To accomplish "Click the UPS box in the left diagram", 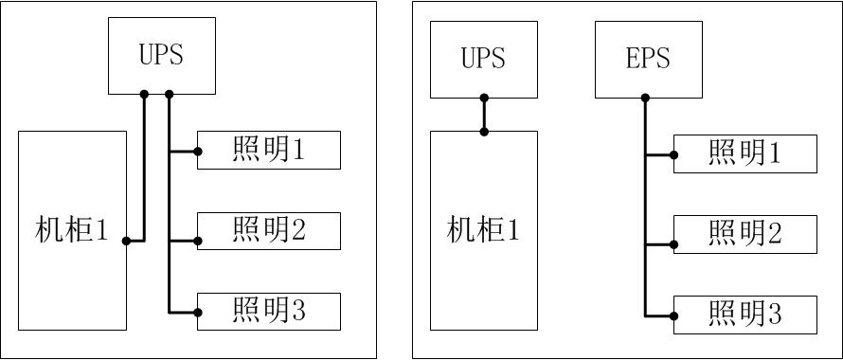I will [x=161, y=55].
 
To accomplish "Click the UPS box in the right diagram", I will [x=483, y=59].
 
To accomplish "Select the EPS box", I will [x=648, y=59].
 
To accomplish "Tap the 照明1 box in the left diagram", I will [x=269, y=151].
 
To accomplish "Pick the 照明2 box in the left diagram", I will [x=269, y=231].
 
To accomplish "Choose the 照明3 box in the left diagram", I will [x=269, y=312].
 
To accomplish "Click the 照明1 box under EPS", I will [x=745, y=154].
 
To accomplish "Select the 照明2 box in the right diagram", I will [x=745, y=234].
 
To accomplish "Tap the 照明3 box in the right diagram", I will [x=745, y=315].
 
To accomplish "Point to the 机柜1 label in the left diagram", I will [x=72, y=230].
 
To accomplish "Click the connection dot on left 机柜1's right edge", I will [x=126, y=241].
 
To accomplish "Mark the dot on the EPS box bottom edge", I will [x=645, y=98].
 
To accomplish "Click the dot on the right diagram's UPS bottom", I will [x=484, y=98].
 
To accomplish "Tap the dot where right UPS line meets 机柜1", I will [x=484, y=131].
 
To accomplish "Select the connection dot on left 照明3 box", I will [x=198, y=312].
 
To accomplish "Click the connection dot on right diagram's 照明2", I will [x=674, y=244].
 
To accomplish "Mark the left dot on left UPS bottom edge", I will [x=145, y=94].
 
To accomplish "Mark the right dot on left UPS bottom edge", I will [x=170, y=94].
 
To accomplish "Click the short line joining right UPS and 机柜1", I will [x=484, y=115].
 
